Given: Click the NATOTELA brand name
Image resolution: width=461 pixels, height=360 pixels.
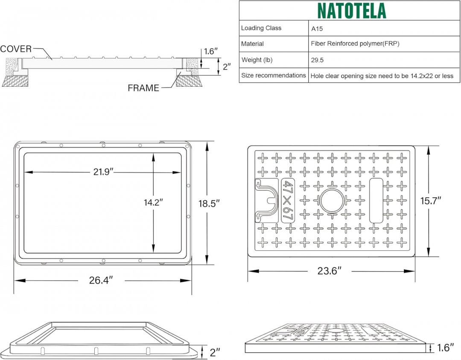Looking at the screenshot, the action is pos(352,11).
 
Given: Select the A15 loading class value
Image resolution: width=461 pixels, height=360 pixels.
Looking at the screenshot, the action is pos(317,29).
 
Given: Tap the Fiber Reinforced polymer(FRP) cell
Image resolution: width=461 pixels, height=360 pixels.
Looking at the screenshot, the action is pos(355,44).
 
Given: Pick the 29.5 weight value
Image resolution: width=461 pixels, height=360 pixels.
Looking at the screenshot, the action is pos(317,60).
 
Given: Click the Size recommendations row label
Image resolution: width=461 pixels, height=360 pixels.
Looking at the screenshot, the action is pos(274,75).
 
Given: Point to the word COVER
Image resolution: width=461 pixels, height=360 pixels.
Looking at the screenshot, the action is pos(16,49).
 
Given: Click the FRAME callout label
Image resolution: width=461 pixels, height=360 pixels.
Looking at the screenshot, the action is pos(143,88).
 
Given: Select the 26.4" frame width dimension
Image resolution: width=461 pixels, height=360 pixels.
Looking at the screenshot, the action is pos(101,280).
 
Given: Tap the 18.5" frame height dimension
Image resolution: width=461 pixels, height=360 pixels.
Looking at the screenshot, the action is pos(209,203).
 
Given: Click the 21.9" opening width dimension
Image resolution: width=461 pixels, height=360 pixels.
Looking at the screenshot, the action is pos(103,172).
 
